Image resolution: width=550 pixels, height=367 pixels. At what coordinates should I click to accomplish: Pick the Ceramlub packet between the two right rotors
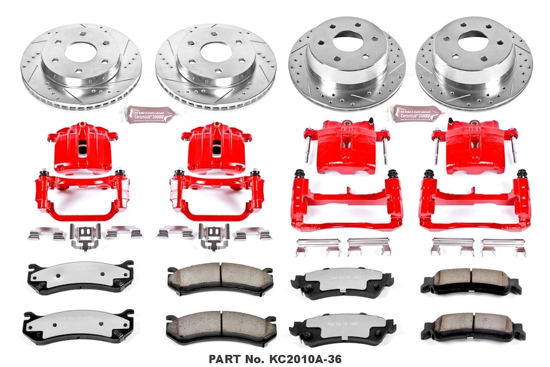coord(417,113)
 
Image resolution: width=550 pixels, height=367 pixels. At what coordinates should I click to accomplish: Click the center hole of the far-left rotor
coord(81,52)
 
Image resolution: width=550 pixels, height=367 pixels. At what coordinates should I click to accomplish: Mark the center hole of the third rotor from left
coord(348,42)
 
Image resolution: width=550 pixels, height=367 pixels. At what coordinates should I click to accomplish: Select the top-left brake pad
coord(80,277)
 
